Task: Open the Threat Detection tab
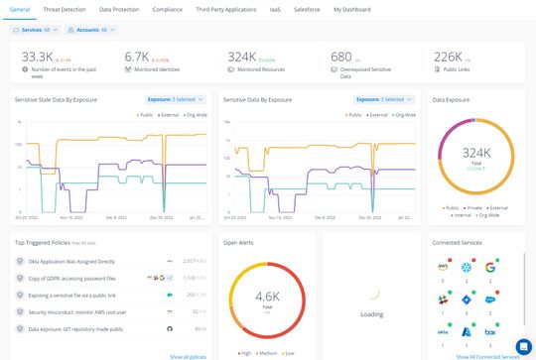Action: point(65,9)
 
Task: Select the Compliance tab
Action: point(166,9)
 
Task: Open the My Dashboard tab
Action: point(351,9)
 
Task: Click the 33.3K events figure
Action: point(38,57)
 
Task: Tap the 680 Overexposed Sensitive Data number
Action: point(341,57)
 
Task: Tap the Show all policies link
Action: point(189,356)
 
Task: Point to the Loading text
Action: point(371,313)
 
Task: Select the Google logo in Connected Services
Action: point(490,267)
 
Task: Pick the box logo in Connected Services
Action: point(490,332)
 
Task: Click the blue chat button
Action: point(524,347)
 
